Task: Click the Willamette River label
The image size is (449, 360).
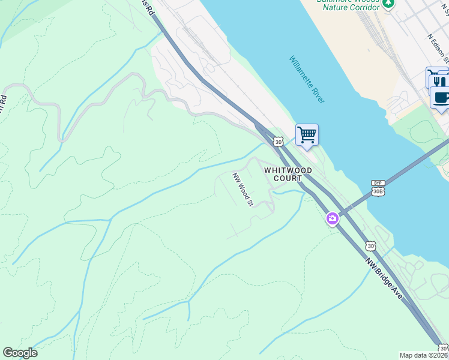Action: coord(307,80)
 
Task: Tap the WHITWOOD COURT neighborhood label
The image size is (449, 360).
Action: coord(288,174)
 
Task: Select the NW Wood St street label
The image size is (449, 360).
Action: coord(243,189)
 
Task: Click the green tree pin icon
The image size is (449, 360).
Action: coord(388,3)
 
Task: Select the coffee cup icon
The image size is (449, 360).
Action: coord(441,97)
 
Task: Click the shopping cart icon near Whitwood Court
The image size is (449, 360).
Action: coord(307,134)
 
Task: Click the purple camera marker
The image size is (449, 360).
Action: coord(332,219)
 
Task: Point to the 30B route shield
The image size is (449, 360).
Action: coord(378,191)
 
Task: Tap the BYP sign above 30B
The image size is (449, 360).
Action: coord(377,182)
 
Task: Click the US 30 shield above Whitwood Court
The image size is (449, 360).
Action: coord(277,142)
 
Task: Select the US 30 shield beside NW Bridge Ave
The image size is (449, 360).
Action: coord(371,246)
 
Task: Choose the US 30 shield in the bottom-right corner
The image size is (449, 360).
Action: coord(443,348)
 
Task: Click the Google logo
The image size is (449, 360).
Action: coord(20,353)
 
